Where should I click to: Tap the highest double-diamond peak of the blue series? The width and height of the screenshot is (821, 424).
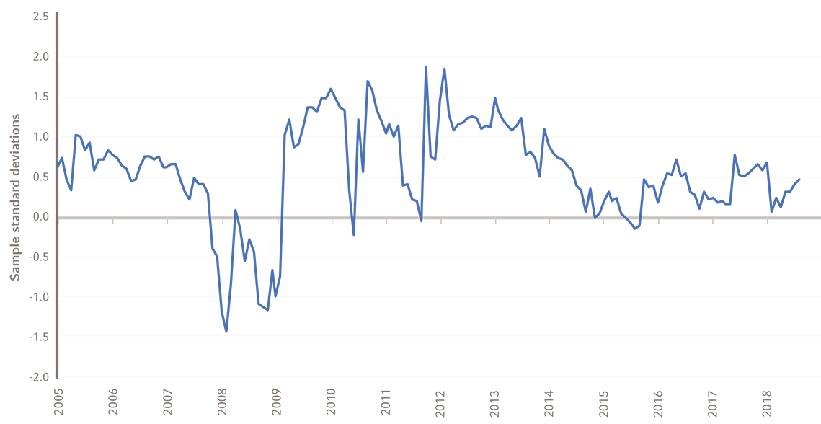[x=436, y=76]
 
